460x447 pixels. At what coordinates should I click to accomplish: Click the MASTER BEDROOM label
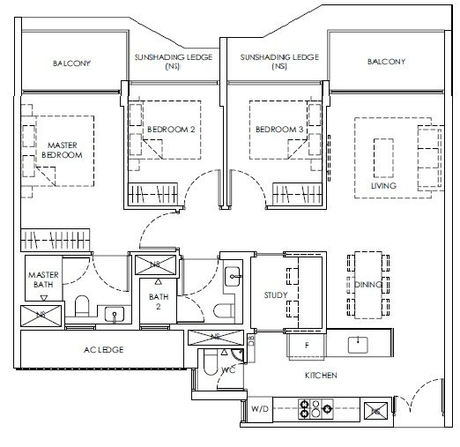pyautogui.click(x=62, y=150)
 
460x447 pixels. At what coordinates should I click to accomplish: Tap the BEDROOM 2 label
pyautogui.click(x=171, y=130)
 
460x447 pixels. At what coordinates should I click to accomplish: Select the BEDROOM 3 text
pyautogui.click(x=279, y=130)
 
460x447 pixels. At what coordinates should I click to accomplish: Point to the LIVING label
pyautogui.click(x=383, y=186)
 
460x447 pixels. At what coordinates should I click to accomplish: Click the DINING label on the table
pyautogui.click(x=368, y=285)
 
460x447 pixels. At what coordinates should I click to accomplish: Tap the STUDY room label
pyautogui.click(x=276, y=295)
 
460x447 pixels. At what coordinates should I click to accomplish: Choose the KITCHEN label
pyautogui.click(x=321, y=376)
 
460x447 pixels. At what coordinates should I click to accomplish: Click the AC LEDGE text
pyautogui.click(x=104, y=350)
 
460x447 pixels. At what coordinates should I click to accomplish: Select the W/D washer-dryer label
pyautogui.click(x=260, y=409)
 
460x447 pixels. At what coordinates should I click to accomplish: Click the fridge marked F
pyautogui.click(x=307, y=346)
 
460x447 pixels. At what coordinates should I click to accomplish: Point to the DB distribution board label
pyautogui.click(x=251, y=340)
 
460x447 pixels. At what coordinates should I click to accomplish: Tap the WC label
pyautogui.click(x=228, y=370)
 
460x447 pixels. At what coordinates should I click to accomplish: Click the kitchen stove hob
pyautogui.click(x=315, y=409)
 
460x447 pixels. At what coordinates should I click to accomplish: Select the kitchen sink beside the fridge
pyautogui.click(x=358, y=345)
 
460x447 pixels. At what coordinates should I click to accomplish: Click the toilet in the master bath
pyautogui.click(x=82, y=306)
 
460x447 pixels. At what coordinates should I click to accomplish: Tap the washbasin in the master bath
pyautogui.click(x=115, y=315)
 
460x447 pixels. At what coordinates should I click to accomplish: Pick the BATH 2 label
pyautogui.click(x=159, y=302)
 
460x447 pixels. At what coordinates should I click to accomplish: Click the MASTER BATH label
pyautogui.click(x=43, y=279)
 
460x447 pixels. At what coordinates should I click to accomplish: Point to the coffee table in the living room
pyautogui.click(x=383, y=158)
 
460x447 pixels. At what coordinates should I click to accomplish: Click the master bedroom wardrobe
pyautogui.click(x=56, y=240)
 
